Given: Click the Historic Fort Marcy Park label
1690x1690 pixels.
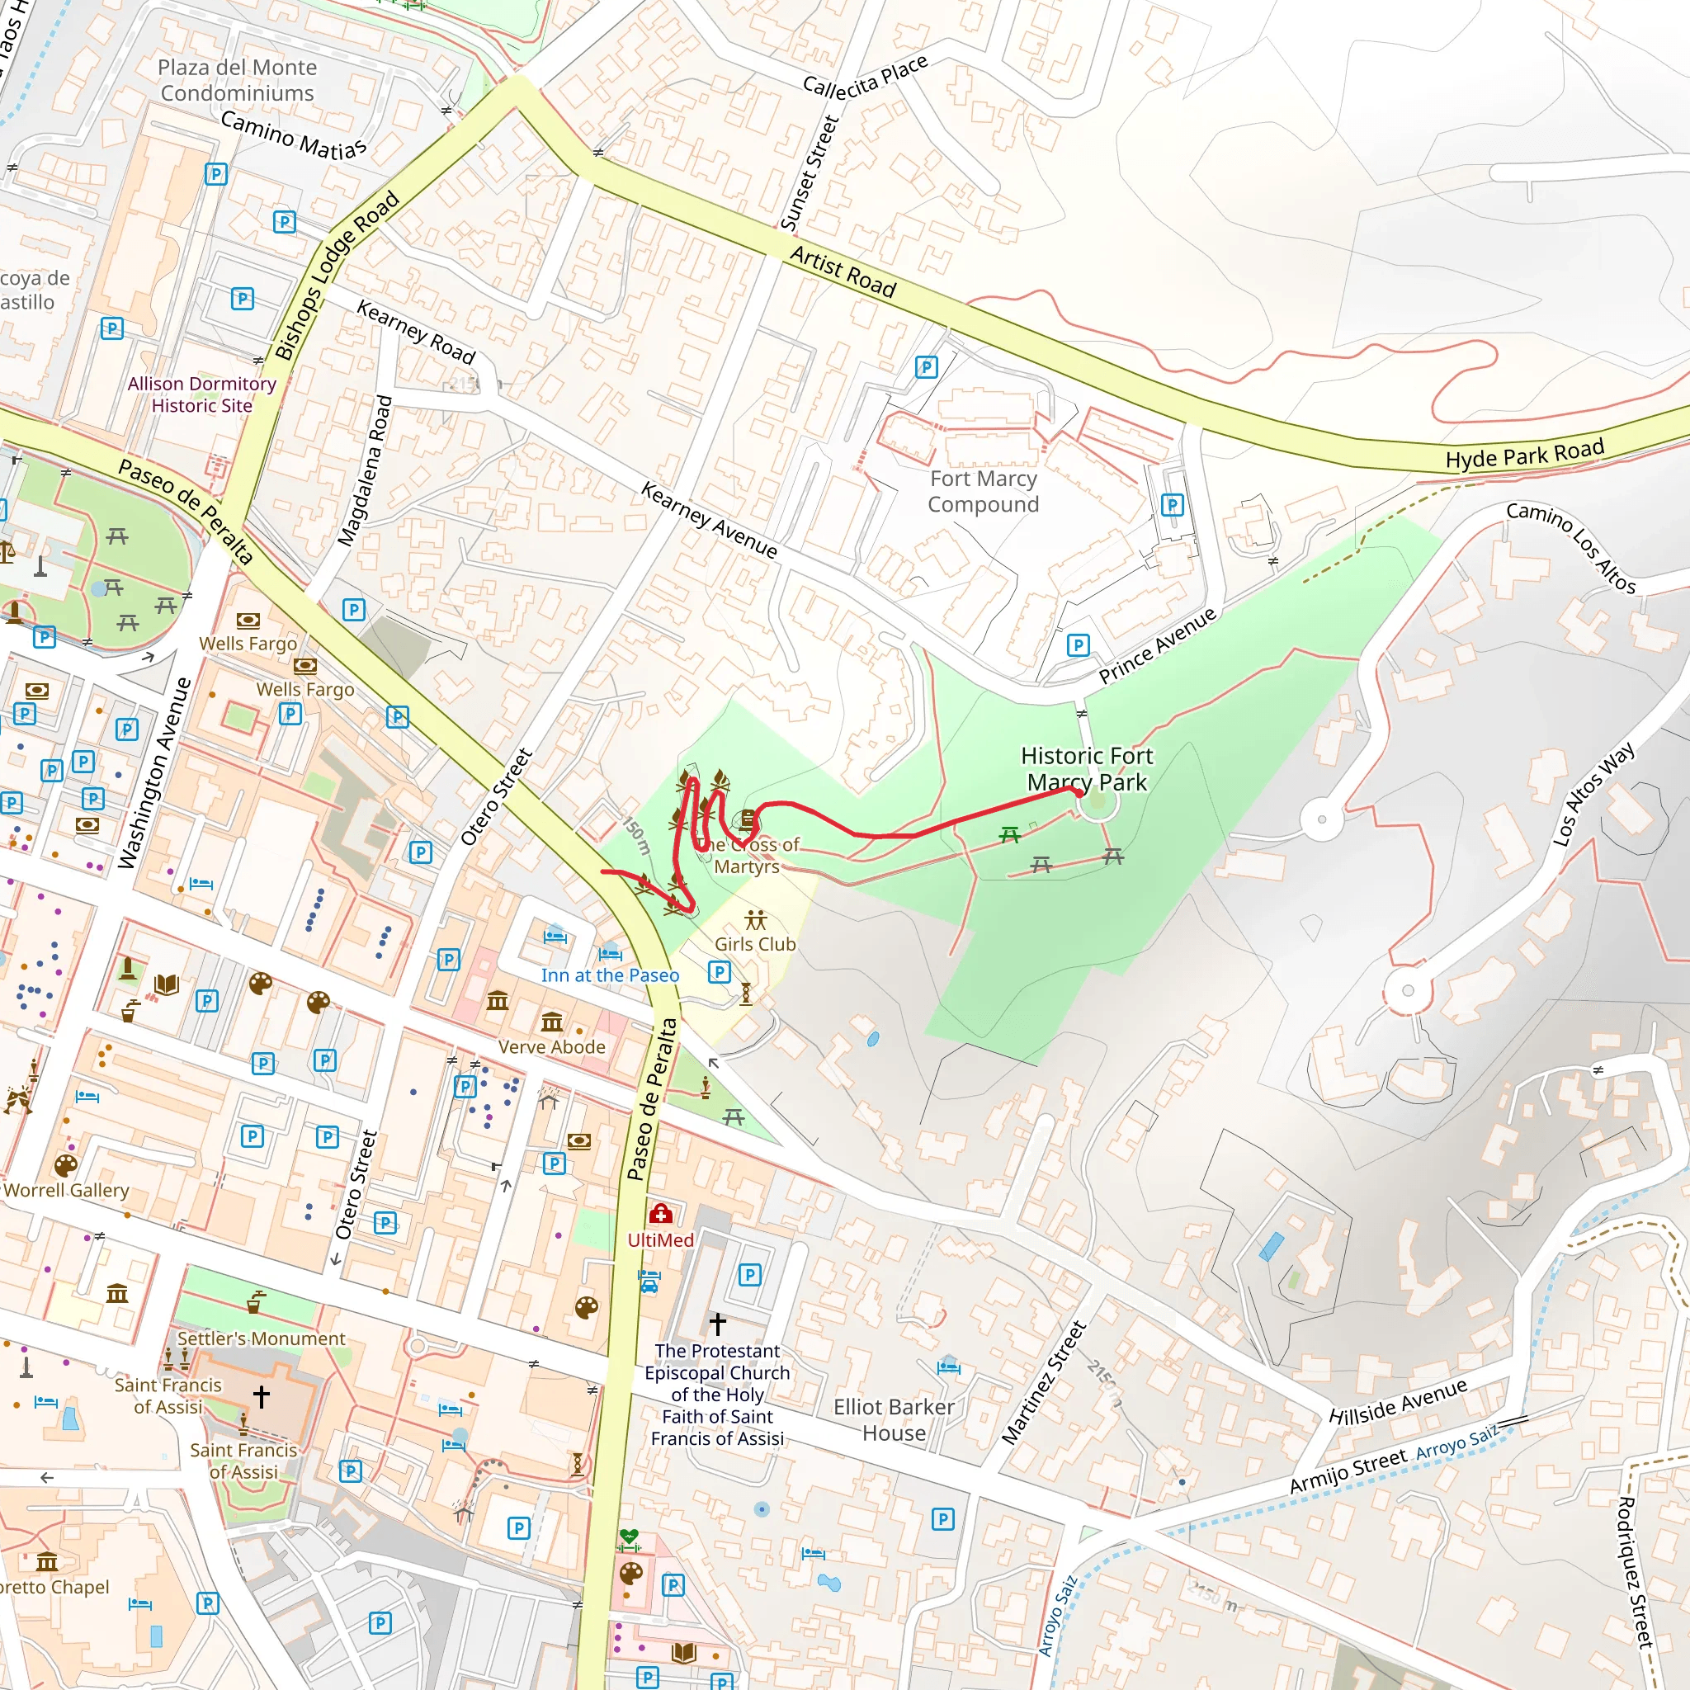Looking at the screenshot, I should pos(1087,769).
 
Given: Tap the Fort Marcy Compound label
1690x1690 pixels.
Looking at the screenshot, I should pos(983,492).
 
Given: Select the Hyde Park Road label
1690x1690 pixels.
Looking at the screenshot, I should pos(1524,454).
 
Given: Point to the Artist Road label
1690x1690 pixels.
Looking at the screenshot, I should pos(843,272).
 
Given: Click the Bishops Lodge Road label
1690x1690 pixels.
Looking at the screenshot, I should pos(337,276).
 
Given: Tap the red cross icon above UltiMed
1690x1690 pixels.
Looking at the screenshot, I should pos(660,1214).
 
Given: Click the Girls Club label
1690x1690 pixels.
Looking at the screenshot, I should pos(755,945).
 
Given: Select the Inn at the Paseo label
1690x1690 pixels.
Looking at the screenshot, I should pos(610,975).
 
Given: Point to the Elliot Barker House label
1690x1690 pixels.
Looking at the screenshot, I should pos(893,1419).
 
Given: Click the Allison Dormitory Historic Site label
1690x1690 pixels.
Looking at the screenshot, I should pos(201,394).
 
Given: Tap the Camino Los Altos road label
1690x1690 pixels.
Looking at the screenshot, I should pos(1571,549).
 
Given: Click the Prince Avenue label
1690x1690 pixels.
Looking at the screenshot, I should pos(1157,645).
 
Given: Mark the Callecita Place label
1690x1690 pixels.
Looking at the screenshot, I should pos(865,76).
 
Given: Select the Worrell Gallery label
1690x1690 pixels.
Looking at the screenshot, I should pos(67,1191).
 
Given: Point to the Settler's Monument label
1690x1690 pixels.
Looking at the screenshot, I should pos(262,1339).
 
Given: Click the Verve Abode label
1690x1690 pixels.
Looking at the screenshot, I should pos(552,1047).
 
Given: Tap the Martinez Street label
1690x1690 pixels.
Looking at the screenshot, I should pos(1044,1383).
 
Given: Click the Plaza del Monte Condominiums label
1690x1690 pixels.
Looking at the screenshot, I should pos(237,81).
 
